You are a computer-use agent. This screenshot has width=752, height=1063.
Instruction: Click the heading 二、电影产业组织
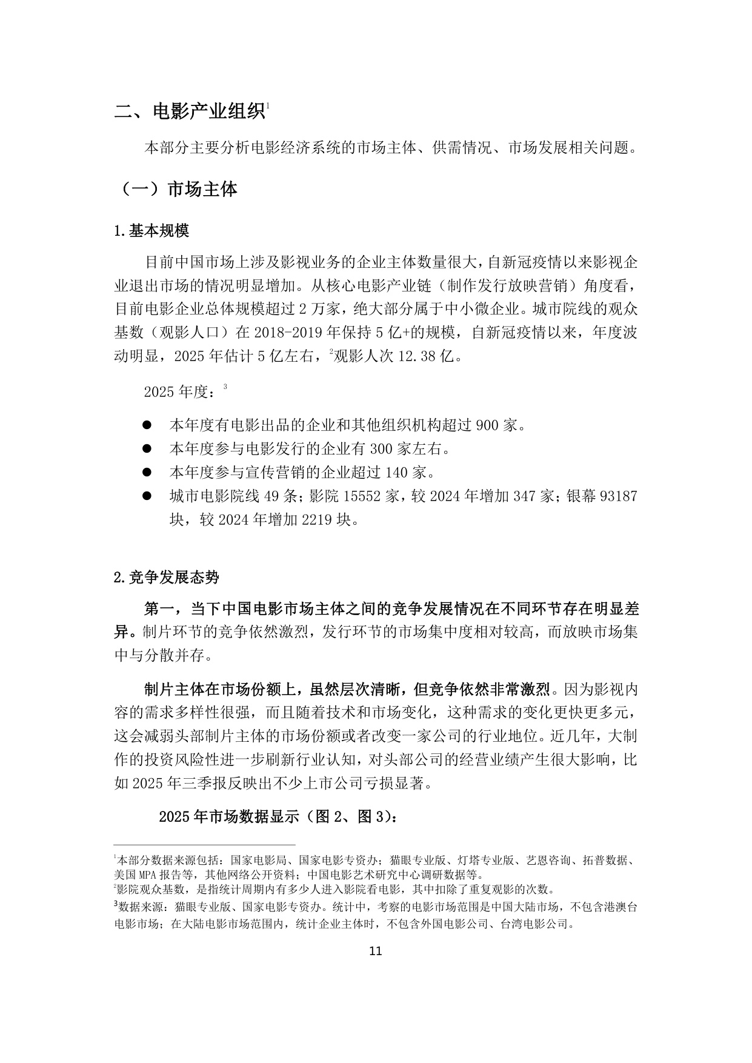(x=189, y=112)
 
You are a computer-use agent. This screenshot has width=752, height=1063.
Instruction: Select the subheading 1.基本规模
(x=151, y=231)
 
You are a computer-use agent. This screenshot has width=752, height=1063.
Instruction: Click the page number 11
(x=375, y=951)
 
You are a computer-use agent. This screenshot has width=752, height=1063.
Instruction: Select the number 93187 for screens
(x=618, y=496)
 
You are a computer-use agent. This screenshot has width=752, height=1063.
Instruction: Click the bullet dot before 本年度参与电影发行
(x=147, y=448)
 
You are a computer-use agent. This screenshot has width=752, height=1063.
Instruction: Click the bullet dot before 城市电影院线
(x=147, y=496)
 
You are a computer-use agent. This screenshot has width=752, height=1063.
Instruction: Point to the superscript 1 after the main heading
(x=267, y=106)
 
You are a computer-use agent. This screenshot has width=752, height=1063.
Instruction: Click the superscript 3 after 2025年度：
(x=225, y=386)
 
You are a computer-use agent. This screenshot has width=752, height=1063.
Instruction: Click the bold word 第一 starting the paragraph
(x=159, y=608)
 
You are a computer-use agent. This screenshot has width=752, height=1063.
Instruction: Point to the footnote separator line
(x=204, y=844)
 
